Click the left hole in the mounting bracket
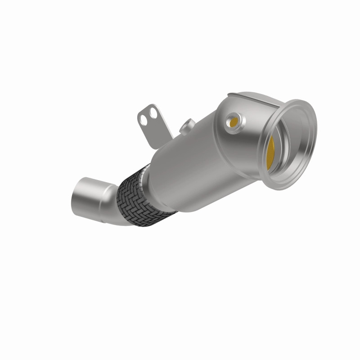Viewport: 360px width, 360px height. pos(144,118)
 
